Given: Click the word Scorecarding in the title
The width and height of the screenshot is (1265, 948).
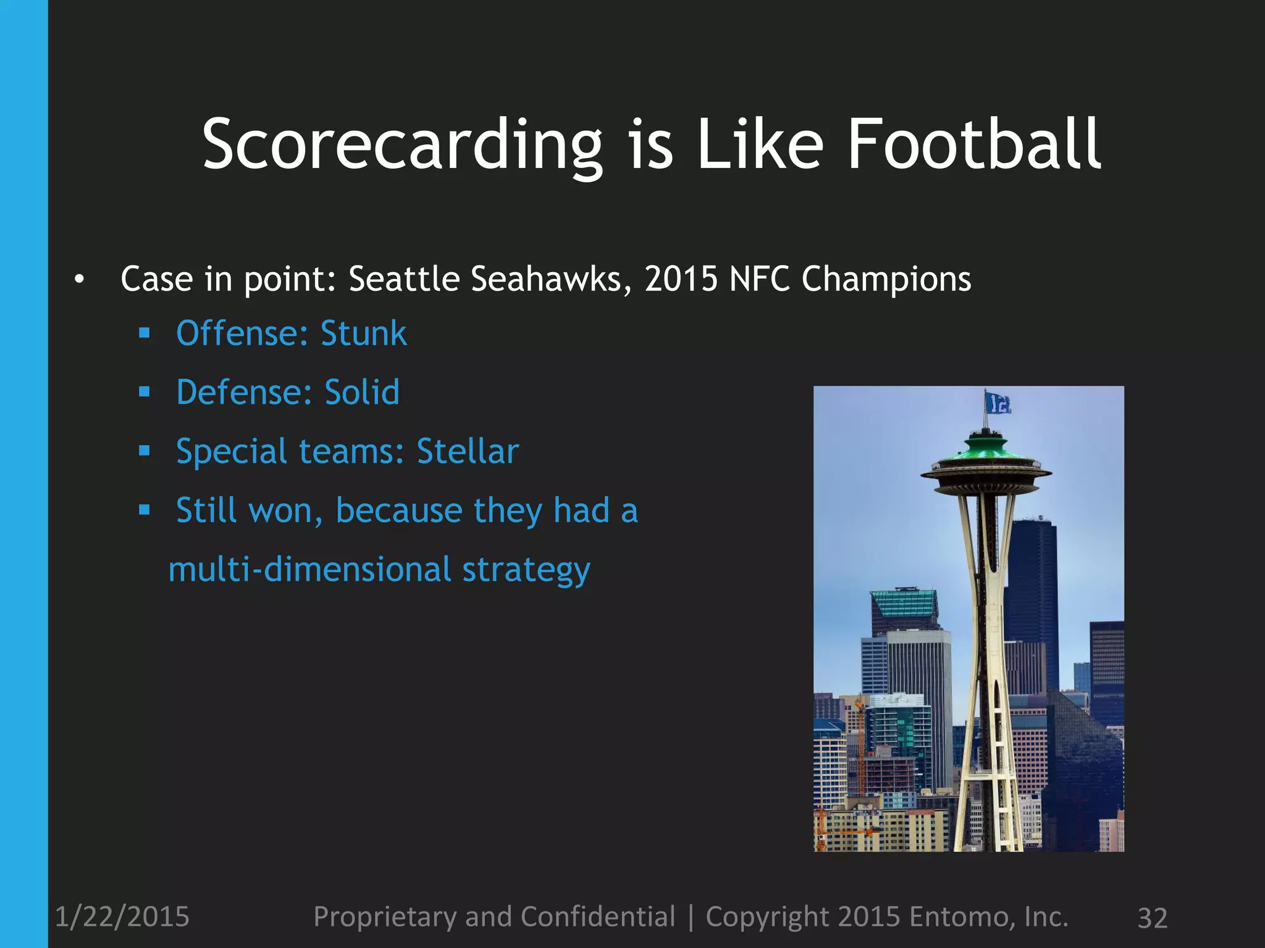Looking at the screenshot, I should (x=401, y=145).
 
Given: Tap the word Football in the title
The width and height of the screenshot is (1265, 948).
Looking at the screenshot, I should (x=974, y=145).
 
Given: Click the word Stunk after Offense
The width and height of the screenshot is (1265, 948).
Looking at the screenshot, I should (x=363, y=334).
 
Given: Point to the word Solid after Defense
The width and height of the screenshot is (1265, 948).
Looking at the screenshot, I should (x=362, y=393).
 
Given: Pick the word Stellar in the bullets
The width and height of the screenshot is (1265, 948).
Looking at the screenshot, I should (x=468, y=451).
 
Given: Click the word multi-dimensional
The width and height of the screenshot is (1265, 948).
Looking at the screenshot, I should (x=309, y=569).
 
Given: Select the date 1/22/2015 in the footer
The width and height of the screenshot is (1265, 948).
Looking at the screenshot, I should (x=122, y=917).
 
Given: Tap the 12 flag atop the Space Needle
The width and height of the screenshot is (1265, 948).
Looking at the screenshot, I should (x=998, y=403).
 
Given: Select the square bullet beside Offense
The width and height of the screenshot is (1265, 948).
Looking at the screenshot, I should (x=145, y=334).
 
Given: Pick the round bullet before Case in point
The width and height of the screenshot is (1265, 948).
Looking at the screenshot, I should (x=78, y=280).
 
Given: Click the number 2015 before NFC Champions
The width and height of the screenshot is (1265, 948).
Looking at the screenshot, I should (x=681, y=279).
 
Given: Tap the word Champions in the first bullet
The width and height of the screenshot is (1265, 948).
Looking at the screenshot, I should (x=886, y=279).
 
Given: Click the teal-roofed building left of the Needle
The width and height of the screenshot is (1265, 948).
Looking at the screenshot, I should (x=904, y=605).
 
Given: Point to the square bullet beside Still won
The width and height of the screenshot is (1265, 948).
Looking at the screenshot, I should (x=145, y=510).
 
